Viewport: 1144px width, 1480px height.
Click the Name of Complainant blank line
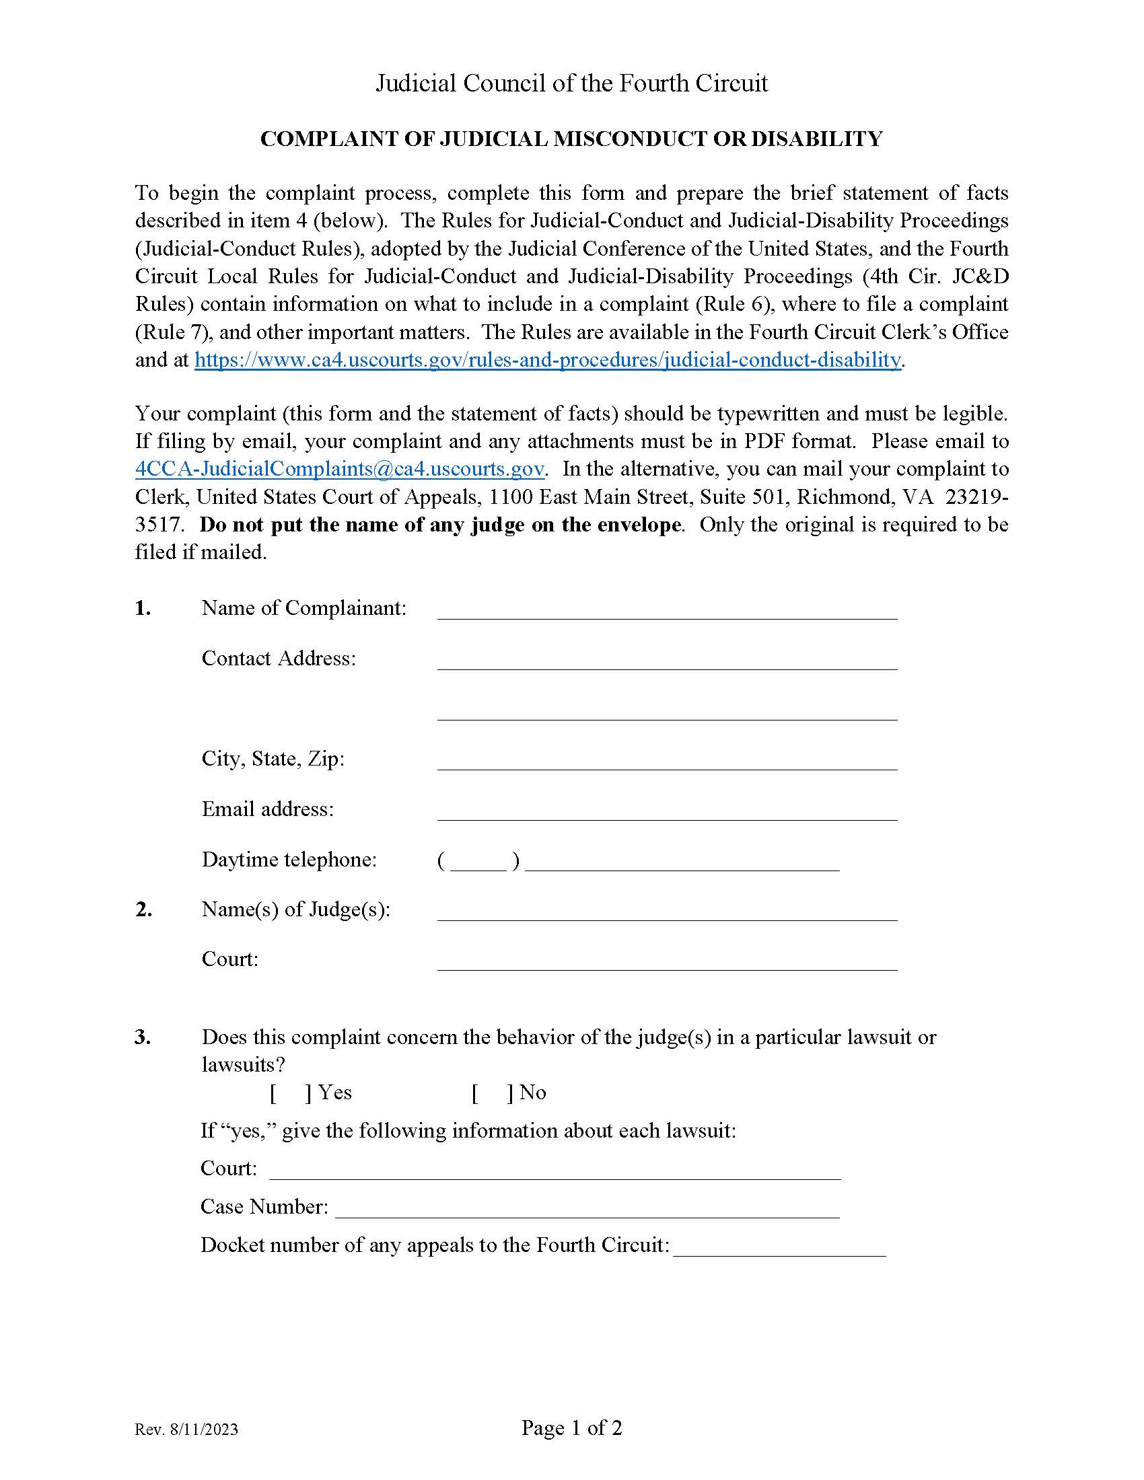(x=667, y=611)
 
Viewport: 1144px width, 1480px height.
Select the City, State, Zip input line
(x=667, y=761)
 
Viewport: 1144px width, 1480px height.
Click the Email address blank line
(x=667, y=811)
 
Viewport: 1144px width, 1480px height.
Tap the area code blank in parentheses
(x=478, y=861)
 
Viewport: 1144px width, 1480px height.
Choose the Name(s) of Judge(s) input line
(x=667, y=912)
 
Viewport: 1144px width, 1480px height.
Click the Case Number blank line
(x=587, y=1209)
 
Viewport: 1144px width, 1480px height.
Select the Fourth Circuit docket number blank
(x=779, y=1247)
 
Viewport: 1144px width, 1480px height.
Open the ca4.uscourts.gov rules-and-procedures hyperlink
(x=548, y=360)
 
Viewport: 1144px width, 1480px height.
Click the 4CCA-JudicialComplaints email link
(x=340, y=470)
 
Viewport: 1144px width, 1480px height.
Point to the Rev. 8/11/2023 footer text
(x=186, y=1430)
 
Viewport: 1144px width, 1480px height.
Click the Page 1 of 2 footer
(x=571, y=1428)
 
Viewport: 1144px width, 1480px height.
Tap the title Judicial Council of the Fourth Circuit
(x=571, y=83)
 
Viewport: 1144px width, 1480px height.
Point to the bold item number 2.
(x=143, y=910)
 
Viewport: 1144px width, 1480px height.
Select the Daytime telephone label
(x=289, y=860)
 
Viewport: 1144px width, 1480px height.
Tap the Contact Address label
(x=279, y=659)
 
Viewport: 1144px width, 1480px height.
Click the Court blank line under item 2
(x=667, y=961)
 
